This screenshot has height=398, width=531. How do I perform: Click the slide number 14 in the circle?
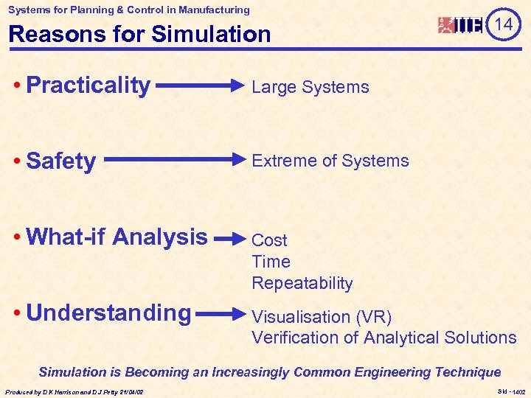tap(503, 24)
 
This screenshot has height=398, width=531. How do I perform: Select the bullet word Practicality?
tap(88, 85)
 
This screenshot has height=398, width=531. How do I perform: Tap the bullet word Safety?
tap(60, 161)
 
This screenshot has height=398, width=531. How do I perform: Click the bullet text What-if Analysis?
tap(117, 237)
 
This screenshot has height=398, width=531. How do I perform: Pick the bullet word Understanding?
tap(108, 313)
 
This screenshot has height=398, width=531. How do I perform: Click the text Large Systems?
tap(310, 87)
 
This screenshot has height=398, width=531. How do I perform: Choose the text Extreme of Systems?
tap(330, 161)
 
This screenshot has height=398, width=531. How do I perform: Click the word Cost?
tap(269, 240)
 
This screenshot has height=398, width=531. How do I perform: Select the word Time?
tap(271, 262)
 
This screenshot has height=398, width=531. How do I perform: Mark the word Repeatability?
tap(302, 283)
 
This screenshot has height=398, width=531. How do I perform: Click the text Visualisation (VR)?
tap(322, 317)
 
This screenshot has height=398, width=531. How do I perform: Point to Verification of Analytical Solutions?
tap(383, 338)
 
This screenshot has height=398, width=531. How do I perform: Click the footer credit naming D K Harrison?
tap(74, 391)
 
